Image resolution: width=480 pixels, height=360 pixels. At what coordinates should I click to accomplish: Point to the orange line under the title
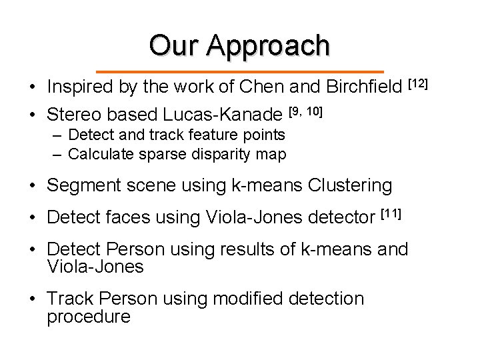tap(240, 71)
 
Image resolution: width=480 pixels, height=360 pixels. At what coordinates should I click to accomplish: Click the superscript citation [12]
tap(418, 83)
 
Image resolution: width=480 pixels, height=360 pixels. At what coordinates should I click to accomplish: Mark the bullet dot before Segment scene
tap(32, 185)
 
